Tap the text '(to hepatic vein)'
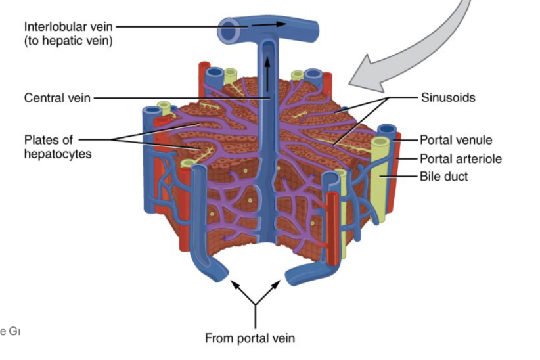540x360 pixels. [x=68, y=41]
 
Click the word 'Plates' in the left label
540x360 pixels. [x=41, y=140]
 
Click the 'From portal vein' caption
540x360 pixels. [x=250, y=338]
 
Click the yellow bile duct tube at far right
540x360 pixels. [x=379, y=177]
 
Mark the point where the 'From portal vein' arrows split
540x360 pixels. [x=255, y=305]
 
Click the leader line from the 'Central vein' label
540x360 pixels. [x=177, y=99]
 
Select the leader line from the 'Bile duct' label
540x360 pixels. [x=401, y=176]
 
